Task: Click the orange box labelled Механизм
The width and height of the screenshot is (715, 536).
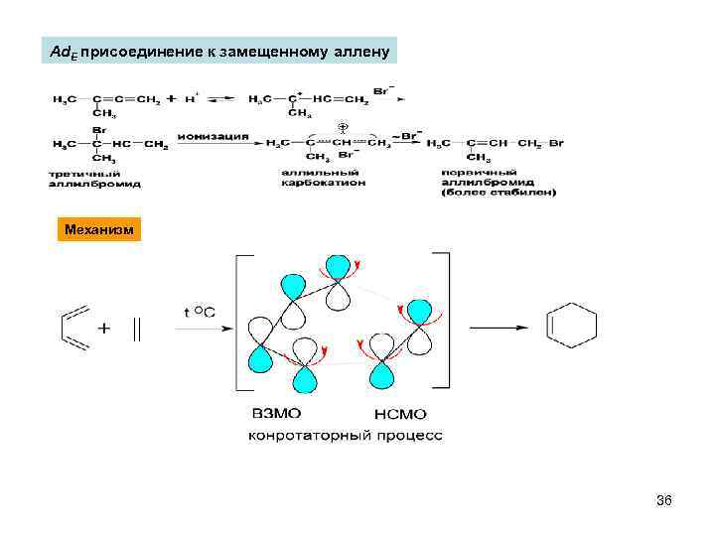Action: [97, 230]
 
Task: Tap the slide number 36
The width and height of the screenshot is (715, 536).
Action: [664, 500]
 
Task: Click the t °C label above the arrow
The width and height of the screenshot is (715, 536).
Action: [199, 311]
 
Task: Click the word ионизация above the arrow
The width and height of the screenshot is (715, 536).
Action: [214, 136]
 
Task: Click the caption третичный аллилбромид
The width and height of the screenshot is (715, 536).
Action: [94, 179]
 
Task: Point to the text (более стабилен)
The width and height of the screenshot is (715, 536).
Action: [499, 192]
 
